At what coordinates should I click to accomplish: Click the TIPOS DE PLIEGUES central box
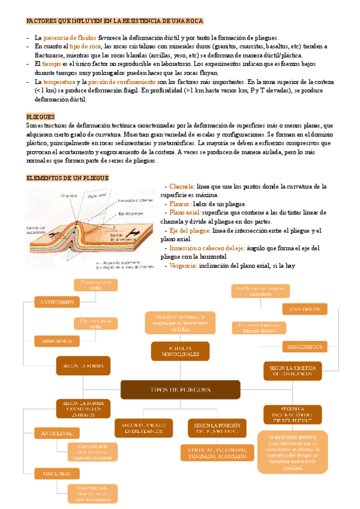pos(180,390)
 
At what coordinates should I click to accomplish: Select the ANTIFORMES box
pos(57,303)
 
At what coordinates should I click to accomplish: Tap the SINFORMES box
pos(57,340)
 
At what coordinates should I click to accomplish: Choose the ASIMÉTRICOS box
pos(304,347)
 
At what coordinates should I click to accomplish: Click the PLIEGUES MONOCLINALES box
pos(180,351)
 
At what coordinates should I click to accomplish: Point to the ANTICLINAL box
pos(57,433)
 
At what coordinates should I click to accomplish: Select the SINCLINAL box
pos(57,474)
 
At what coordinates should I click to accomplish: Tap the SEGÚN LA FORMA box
pos(83,366)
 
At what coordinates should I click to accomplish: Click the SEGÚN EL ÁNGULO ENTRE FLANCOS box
pos(140,427)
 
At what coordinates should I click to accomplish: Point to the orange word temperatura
pos(57,82)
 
